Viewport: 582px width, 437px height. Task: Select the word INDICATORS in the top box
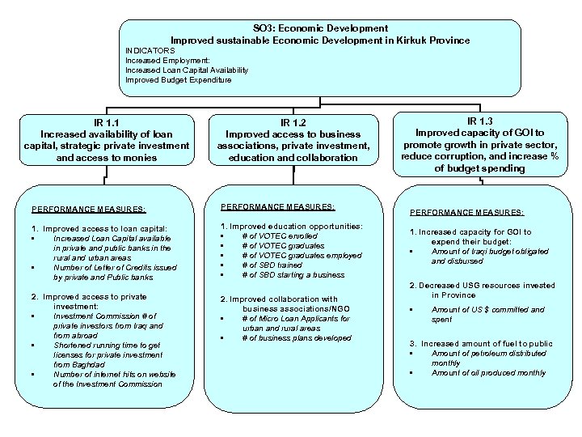coord(150,49)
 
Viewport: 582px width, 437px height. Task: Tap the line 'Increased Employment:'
coord(167,60)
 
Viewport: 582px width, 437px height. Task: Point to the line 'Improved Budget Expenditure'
coord(179,80)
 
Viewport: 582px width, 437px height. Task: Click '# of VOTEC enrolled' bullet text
coord(280,235)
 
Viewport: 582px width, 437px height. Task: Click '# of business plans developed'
coord(297,337)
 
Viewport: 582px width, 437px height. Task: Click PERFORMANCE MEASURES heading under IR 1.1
coord(88,209)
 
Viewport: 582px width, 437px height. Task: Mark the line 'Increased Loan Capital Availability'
coord(187,70)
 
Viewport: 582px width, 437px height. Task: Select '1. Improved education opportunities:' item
coord(293,225)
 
